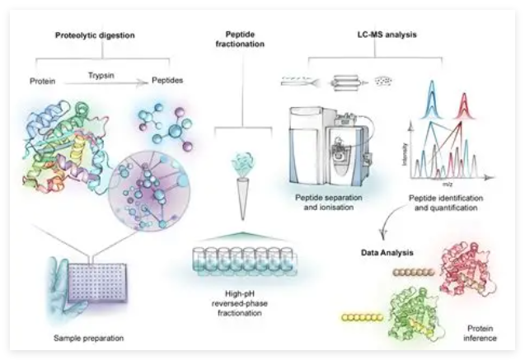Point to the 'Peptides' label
click(167, 82)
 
